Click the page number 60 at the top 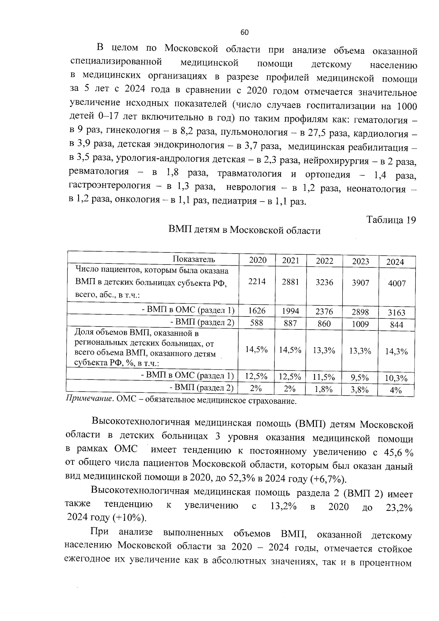coord(244,33)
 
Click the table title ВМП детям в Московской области coord(244,231)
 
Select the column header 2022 coord(324,261)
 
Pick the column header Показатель coord(194,259)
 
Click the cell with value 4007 coord(397,284)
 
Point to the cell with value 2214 coord(257,281)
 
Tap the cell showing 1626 coord(257,311)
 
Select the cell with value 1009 coord(360,324)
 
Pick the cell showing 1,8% coord(323,390)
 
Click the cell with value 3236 coord(324,282)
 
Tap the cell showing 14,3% coord(396,351)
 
